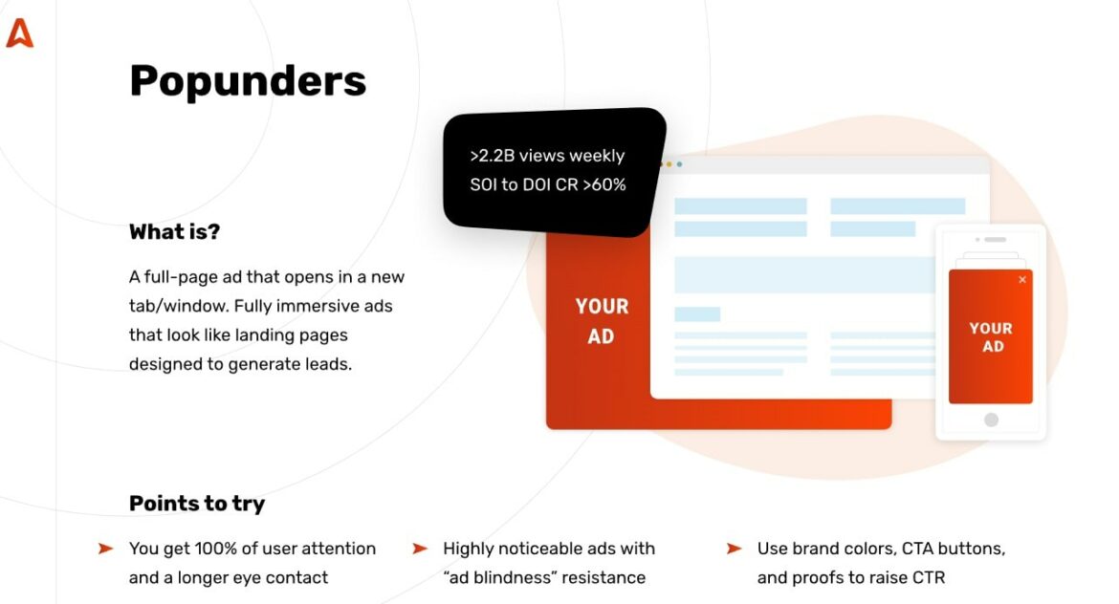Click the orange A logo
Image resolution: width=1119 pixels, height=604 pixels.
tap(19, 33)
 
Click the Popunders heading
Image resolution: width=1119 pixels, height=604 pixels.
tap(248, 81)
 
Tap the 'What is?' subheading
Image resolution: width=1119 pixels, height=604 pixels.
tap(175, 232)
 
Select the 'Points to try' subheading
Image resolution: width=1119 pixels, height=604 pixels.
tap(197, 504)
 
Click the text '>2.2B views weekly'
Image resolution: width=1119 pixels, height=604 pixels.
tap(547, 156)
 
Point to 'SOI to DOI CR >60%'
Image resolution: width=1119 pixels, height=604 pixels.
tap(548, 184)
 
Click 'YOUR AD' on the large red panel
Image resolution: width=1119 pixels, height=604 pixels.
tap(602, 321)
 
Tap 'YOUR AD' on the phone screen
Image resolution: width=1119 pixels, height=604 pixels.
tap(991, 337)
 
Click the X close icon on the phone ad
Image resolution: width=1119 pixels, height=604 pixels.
tap(1022, 280)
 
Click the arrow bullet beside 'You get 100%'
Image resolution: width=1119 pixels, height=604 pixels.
tap(105, 549)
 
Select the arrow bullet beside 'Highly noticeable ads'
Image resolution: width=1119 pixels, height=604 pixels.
tap(420, 549)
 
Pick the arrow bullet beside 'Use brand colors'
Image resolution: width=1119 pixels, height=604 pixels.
tap(734, 549)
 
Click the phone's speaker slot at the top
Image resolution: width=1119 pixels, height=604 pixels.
tap(995, 239)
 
